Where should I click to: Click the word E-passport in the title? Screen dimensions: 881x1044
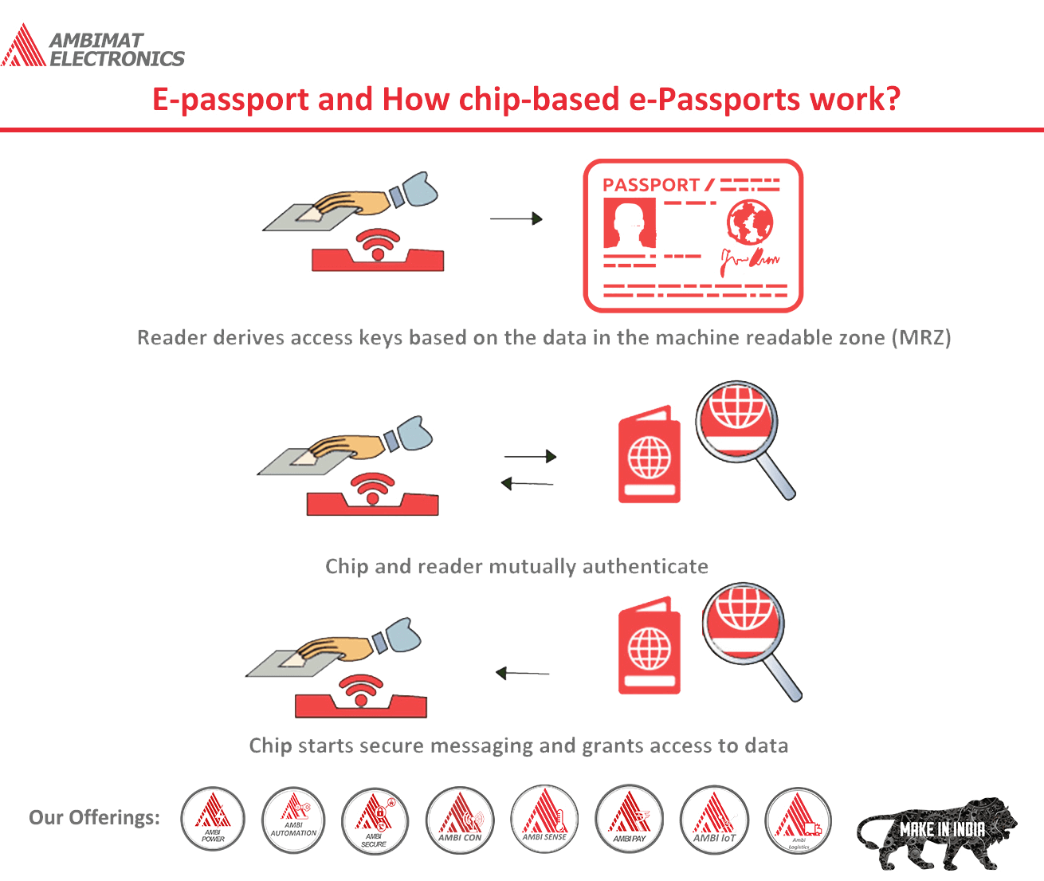[x=230, y=100]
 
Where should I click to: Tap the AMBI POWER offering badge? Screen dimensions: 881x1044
[x=213, y=819]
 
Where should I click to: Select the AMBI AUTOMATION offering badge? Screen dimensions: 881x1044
[x=293, y=819]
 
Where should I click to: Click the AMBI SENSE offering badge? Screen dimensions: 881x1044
[x=544, y=818]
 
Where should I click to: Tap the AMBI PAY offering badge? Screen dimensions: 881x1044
[x=630, y=818]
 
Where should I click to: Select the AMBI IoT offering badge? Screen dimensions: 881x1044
[x=714, y=819]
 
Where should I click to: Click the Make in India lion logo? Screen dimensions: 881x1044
[x=936, y=832]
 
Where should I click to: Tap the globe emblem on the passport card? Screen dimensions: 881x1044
[x=749, y=222]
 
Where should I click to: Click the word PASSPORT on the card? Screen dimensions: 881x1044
[x=650, y=185]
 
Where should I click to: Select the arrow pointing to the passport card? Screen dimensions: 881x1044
[x=516, y=218]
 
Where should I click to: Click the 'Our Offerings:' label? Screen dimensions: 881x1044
[x=94, y=818]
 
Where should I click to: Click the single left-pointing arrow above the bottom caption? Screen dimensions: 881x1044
[x=522, y=674]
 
